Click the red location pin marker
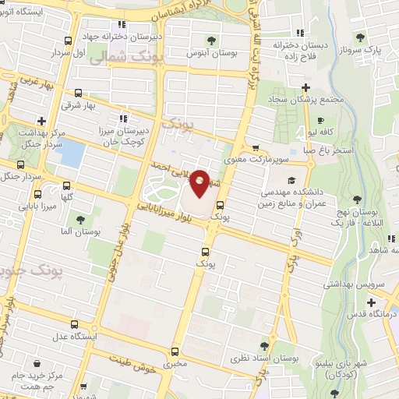(199, 182)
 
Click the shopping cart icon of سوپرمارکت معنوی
(255, 147)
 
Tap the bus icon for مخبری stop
(176, 351)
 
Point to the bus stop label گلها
(65, 199)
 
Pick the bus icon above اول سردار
(68, 41)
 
